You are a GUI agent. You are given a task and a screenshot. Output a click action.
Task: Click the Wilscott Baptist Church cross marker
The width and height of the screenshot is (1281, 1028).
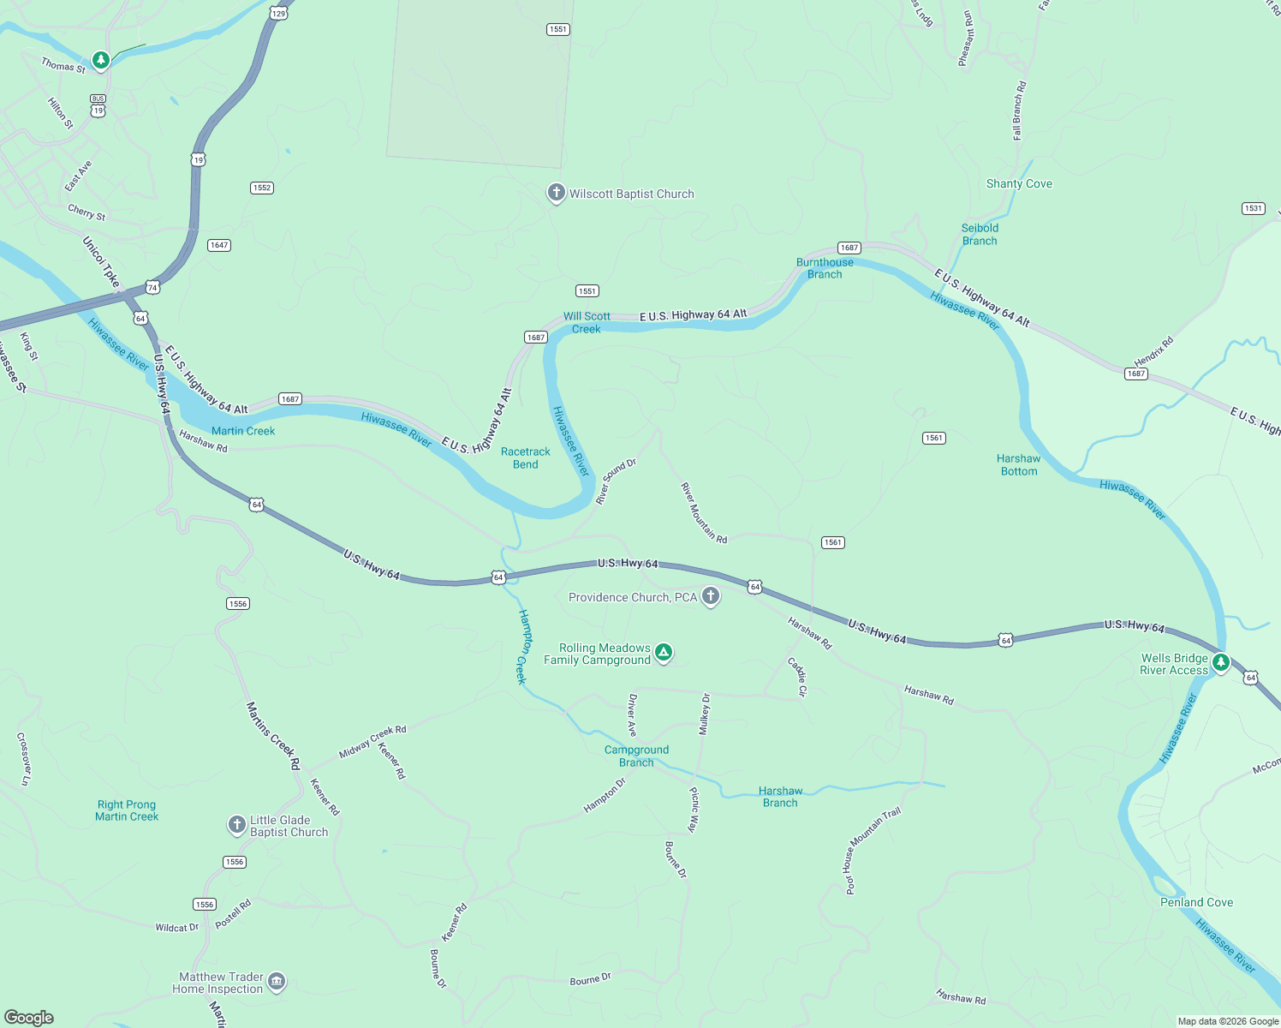556,193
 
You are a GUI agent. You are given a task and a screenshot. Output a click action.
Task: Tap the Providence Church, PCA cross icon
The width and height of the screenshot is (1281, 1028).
710,596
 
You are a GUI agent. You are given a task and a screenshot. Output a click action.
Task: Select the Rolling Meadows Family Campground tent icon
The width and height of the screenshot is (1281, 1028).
663,653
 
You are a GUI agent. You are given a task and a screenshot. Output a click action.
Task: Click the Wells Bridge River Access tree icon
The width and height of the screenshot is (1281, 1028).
1221,662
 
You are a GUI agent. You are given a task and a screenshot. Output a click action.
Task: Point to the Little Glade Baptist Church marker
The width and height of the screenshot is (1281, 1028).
237,825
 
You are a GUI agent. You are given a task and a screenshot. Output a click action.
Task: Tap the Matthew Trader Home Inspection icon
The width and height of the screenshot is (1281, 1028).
276,982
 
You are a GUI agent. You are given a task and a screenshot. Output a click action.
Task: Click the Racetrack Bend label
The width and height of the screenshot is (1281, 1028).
526,458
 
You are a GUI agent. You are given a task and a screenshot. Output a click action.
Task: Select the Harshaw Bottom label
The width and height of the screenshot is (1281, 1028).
1018,465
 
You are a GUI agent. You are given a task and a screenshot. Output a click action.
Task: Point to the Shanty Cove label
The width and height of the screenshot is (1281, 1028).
1019,183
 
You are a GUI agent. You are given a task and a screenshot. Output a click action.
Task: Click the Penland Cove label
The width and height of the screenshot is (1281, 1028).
1196,902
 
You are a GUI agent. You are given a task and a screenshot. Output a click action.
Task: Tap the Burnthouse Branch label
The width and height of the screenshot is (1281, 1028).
825,268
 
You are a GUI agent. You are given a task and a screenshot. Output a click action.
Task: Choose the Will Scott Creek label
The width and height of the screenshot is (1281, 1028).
587,322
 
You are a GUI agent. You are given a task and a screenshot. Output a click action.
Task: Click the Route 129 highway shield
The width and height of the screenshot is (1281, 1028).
278,13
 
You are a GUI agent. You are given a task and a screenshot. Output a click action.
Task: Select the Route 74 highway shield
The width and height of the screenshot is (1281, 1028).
152,287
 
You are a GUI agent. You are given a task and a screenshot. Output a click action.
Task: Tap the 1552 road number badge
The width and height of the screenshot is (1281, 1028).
262,188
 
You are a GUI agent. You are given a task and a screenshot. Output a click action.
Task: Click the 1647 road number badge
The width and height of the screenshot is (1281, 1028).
219,245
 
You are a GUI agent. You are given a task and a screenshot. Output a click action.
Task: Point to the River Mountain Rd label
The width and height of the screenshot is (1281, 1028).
704,513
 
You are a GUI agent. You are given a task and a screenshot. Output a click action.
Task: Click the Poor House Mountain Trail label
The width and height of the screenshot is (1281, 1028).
873,851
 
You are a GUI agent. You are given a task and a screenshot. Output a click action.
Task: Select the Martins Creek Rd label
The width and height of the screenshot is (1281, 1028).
273,735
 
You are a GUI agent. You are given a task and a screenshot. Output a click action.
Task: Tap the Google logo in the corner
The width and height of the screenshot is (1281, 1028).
28,1017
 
